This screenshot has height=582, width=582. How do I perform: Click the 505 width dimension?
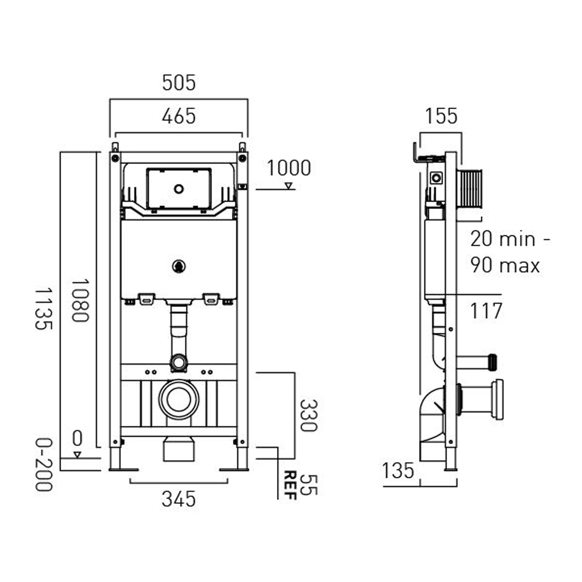click(178, 83)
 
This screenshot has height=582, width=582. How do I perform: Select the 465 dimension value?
click(178, 116)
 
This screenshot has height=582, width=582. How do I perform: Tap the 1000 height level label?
click(289, 168)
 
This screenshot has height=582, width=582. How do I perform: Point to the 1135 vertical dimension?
click(43, 308)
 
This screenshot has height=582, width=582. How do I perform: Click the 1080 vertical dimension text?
click(80, 300)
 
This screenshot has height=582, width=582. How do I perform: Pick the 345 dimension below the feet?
click(178, 499)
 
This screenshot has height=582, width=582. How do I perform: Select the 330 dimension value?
click(308, 416)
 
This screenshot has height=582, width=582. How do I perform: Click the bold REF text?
click(290, 485)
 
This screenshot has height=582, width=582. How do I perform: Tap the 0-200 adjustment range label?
click(43, 464)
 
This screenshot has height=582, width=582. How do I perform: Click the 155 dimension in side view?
click(441, 116)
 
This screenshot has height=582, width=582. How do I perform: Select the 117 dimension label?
click(486, 311)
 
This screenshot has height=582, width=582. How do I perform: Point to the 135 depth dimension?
click(398, 471)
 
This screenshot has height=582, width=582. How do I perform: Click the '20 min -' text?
click(510, 239)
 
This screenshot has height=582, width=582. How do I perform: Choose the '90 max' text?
click(505, 265)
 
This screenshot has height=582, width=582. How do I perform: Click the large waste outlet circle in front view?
click(178, 399)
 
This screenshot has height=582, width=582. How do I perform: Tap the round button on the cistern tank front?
click(178, 266)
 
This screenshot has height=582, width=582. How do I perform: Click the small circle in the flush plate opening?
click(178, 189)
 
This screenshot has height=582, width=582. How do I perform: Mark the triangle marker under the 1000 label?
click(288, 186)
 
